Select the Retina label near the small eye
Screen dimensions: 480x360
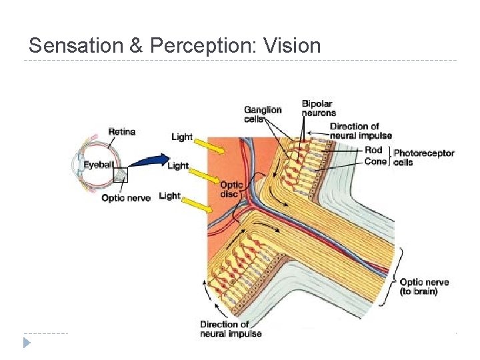tap(121, 132)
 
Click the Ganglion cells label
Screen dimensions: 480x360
tap(263, 114)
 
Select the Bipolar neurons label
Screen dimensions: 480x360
tap(319, 108)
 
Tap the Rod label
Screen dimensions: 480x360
tap(373, 150)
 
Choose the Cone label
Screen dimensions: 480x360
tap(375, 161)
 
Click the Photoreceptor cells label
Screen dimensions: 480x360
tap(423, 157)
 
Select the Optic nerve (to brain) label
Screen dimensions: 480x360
tap(424, 287)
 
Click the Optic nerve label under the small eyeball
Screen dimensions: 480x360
tap(126, 197)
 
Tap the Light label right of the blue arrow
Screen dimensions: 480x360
tap(178, 165)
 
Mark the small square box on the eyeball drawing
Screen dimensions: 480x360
tap(121, 175)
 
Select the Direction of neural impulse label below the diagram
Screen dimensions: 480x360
tap(231, 329)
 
